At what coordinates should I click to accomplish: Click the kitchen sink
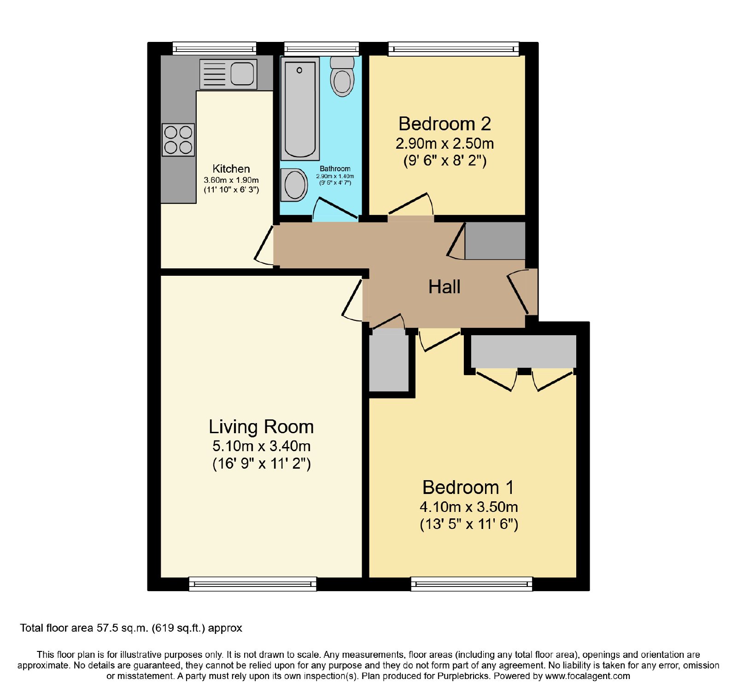tap(228, 74)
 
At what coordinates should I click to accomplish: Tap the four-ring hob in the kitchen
tap(178, 140)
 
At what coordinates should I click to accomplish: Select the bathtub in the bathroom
tap(300, 109)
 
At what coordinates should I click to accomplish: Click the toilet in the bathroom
tap(342, 76)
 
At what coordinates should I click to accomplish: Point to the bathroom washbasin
tap(294, 185)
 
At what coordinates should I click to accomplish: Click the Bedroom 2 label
tap(445, 124)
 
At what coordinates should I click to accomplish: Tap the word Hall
tap(445, 287)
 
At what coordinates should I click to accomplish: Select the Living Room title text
tap(261, 427)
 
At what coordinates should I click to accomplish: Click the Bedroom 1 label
tap(468, 488)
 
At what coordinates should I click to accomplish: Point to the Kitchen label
tap(231, 169)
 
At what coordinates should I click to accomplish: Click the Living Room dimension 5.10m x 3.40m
tap(261, 446)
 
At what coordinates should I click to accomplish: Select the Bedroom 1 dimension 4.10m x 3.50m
tap(468, 507)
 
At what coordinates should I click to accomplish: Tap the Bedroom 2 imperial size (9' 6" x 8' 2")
tap(445, 161)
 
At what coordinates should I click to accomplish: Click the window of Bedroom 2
tap(454, 49)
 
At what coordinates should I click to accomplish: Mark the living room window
tap(253, 584)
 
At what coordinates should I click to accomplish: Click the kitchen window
tap(214, 48)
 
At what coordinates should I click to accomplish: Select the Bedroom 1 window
tap(472, 584)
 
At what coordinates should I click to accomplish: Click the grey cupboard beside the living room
tap(389, 362)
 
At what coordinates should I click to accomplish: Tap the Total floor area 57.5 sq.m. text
tap(131, 628)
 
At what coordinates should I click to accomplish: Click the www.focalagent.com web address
tap(587, 676)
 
